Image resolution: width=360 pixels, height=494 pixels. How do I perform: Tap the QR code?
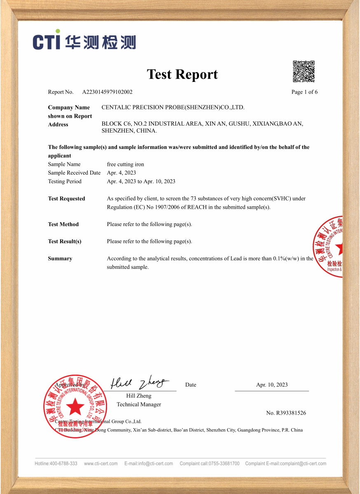(304, 71)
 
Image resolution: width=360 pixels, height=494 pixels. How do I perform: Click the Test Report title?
(182, 75)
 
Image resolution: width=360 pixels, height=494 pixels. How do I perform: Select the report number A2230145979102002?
(107, 92)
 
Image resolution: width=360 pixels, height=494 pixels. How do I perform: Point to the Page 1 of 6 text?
(304, 92)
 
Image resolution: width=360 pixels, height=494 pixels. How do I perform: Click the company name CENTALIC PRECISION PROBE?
(173, 107)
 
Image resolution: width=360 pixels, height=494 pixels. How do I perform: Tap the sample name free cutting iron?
(125, 164)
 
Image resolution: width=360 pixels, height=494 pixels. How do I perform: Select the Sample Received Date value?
(121, 173)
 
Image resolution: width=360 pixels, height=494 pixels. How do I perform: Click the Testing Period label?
(65, 182)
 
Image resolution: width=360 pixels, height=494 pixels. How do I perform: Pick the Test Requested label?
(66, 199)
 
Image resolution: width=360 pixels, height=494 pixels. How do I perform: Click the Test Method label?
(63, 224)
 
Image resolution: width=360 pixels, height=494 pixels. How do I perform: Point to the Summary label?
(60, 259)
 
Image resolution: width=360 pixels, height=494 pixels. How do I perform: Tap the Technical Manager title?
(139, 405)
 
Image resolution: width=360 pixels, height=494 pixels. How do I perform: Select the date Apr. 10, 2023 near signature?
(272, 385)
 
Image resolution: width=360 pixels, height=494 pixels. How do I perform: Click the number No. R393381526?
(286, 413)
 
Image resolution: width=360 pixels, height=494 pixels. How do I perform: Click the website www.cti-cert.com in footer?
(101, 464)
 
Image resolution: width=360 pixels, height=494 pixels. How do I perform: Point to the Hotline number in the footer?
(56, 464)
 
